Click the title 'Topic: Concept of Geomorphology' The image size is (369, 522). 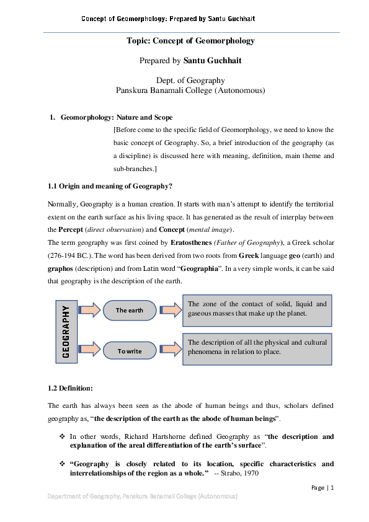pos(190,41)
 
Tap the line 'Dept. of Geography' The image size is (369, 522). pos(190,80)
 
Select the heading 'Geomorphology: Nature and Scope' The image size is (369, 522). pos(117,117)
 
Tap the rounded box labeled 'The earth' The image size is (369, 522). pos(130,310)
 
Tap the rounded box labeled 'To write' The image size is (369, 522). pos(130,351)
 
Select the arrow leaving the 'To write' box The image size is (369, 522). pos(169,351)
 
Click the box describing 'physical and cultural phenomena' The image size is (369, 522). pos(257,347)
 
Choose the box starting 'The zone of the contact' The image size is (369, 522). pos(257,309)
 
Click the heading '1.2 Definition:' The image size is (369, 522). pos(70,388)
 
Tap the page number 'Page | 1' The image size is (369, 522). pos(322,488)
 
